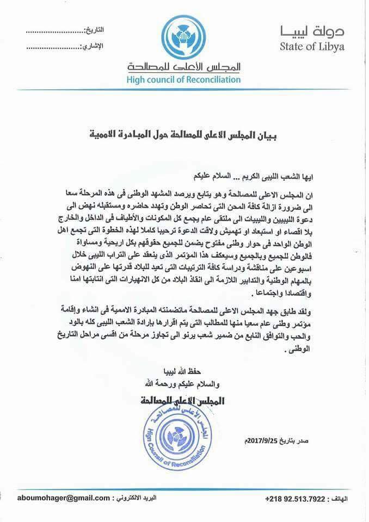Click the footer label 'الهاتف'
345,499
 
